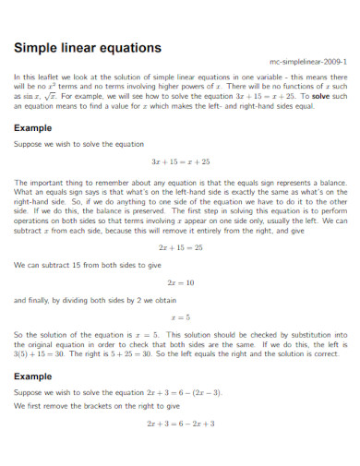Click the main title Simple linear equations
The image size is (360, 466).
(x=88, y=47)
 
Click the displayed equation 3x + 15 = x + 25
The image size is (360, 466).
(x=180, y=161)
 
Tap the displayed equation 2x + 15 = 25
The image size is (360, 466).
(x=180, y=248)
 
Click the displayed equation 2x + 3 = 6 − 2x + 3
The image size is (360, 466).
(x=180, y=424)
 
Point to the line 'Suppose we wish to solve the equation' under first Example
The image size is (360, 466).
(x=67, y=144)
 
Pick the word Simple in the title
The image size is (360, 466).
(x=36, y=47)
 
